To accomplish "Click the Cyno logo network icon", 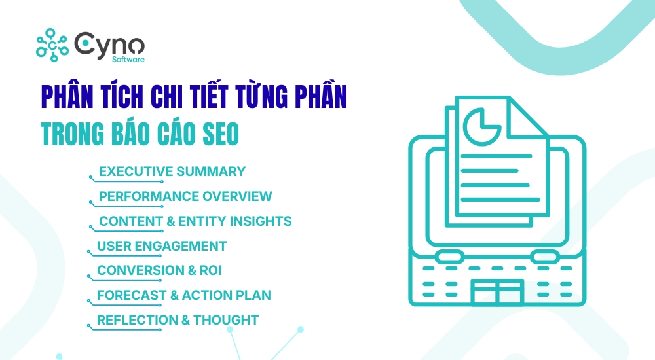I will click(x=53, y=45).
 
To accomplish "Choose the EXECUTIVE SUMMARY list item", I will click(x=172, y=171).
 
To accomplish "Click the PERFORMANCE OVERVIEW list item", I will click(x=185, y=196).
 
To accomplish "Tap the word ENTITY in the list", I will click(x=201, y=221).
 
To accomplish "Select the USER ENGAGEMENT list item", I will click(x=162, y=246).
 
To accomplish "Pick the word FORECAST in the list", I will click(x=132, y=295).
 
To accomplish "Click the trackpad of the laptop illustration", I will click(x=496, y=293).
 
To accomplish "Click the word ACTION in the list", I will click(x=208, y=295).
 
